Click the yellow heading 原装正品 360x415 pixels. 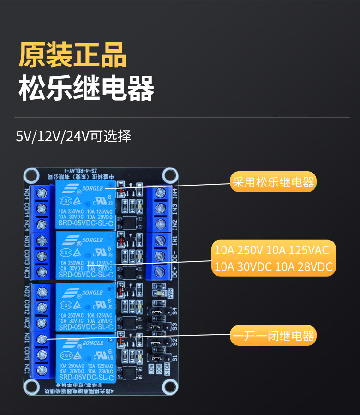(x=72, y=55)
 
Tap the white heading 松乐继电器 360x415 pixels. (x=86, y=88)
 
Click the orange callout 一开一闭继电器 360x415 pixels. (x=272, y=336)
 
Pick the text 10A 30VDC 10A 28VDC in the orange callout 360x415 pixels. (x=273, y=267)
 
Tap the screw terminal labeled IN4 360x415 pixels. (x=161, y=192)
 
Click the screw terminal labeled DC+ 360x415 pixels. (x=161, y=271)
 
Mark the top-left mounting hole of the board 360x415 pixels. (x=31, y=175)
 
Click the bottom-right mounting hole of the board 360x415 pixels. (x=170, y=387)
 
